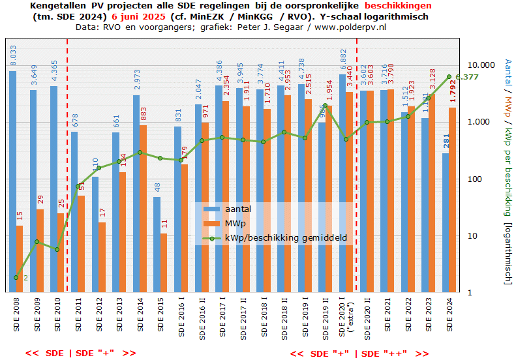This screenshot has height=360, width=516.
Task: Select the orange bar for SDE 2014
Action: point(143,209)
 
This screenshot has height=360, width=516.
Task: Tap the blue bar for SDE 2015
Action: point(157,245)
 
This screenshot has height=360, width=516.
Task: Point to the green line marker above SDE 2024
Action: point(449,77)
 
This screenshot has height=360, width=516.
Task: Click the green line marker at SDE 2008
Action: point(16,277)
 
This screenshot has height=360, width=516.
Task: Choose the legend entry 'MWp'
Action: point(235,224)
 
